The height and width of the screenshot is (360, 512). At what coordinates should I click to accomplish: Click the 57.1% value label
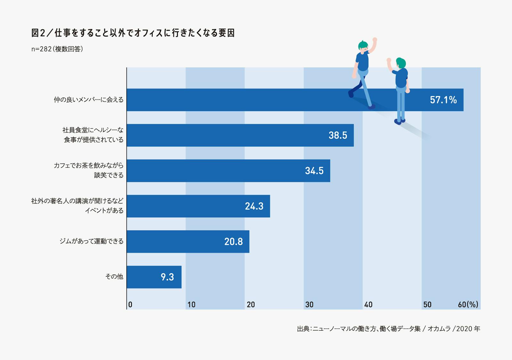tap(443, 100)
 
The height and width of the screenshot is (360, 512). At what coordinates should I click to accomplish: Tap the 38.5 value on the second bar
tap(338, 135)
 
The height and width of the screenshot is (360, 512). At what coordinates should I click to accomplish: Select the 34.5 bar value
tap(314, 171)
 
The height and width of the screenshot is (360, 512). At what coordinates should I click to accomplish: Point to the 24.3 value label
tap(254, 206)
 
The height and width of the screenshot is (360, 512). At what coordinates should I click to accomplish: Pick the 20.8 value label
tap(233, 242)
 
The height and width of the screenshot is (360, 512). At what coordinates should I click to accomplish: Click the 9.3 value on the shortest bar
tap(167, 277)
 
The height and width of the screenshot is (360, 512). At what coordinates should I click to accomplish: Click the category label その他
tap(114, 276)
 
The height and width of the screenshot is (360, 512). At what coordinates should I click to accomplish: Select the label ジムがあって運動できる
tap(92, 241)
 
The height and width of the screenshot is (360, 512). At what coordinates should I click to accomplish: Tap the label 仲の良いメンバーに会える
tap(89, 100)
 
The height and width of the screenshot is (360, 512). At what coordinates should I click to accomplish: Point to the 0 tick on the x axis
tap(130, 305)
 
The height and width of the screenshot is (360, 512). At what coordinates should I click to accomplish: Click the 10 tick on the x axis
tap(191, 305)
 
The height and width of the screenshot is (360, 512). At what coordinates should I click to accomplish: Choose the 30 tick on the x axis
tap(309, 305)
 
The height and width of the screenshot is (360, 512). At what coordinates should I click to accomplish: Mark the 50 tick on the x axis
tap(427, 305)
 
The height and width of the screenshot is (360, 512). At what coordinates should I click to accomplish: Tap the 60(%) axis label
tap(468, 305)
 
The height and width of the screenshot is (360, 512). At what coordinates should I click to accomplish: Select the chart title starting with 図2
tap(133, 33)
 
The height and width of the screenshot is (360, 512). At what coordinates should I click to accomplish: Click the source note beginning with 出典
tap(388, 329)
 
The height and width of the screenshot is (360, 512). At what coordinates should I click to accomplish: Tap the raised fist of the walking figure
tap(375, 40)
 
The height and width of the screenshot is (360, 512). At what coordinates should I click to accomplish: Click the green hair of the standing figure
tap(401, 62)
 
